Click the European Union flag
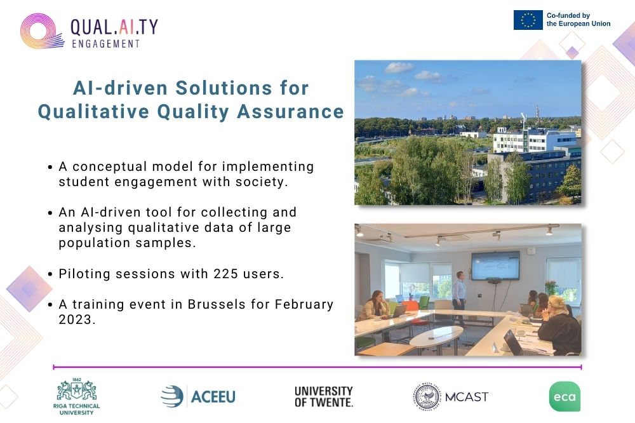click(x=528, y=20)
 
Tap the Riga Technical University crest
click(x=77, y=390)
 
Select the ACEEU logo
click(x=198, y=396)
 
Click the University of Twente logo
click(x=324, y=397)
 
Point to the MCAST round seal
click(x=427, y=396)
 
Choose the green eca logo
click(x=565, y=396)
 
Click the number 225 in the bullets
click(x=226, y=274)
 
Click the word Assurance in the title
click(x=290, y=112)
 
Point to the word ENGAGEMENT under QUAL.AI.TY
click(x=105, y=44)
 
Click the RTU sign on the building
click(x=502, y=130)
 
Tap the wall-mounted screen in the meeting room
click(x=496, y=265)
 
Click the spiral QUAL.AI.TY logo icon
click(x=41, y=31)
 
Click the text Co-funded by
click(x=568, y=15)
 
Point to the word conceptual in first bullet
click(x=110, y=166)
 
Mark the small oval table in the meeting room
click(x=436, y=338)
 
